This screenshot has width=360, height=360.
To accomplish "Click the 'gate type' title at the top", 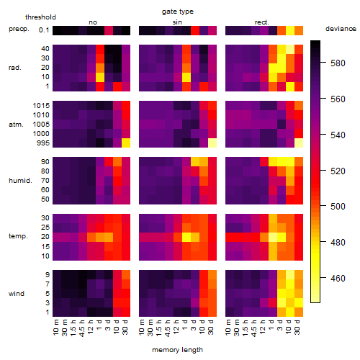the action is (x=178, y=12).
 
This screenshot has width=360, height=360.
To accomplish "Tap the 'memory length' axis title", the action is (x=177, y=350).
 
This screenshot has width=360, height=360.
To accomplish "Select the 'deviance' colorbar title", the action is (x=341, y=29).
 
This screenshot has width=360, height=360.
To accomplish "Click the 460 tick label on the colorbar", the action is (x=338, y=279).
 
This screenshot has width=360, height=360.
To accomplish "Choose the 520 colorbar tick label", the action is (x=338, y=171).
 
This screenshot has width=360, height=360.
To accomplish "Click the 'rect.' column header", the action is (x=262, y=22).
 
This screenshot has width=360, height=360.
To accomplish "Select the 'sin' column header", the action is (x=177, y=22).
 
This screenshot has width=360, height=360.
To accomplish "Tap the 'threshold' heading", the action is (x=40, y=17).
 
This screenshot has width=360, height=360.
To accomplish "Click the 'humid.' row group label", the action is (x=20, y=181).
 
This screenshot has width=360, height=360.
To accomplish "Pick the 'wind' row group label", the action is (x=17, y=294).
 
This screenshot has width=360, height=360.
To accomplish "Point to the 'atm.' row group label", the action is (x=16, y=125).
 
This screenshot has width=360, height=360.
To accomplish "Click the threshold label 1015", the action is (x=41, y=106).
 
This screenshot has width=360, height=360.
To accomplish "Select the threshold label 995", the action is (x=43, y=143).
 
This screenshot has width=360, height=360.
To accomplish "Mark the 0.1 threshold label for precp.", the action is (x=44, y=30).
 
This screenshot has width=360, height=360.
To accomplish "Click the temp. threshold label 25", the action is (x=45, y=227).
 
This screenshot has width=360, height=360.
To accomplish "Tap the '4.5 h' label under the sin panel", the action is (x=168, y=328).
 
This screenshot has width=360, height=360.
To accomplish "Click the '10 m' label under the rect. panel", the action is (x=228, y=328).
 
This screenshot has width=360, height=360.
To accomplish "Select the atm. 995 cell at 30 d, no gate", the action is (x=126, y=143).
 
